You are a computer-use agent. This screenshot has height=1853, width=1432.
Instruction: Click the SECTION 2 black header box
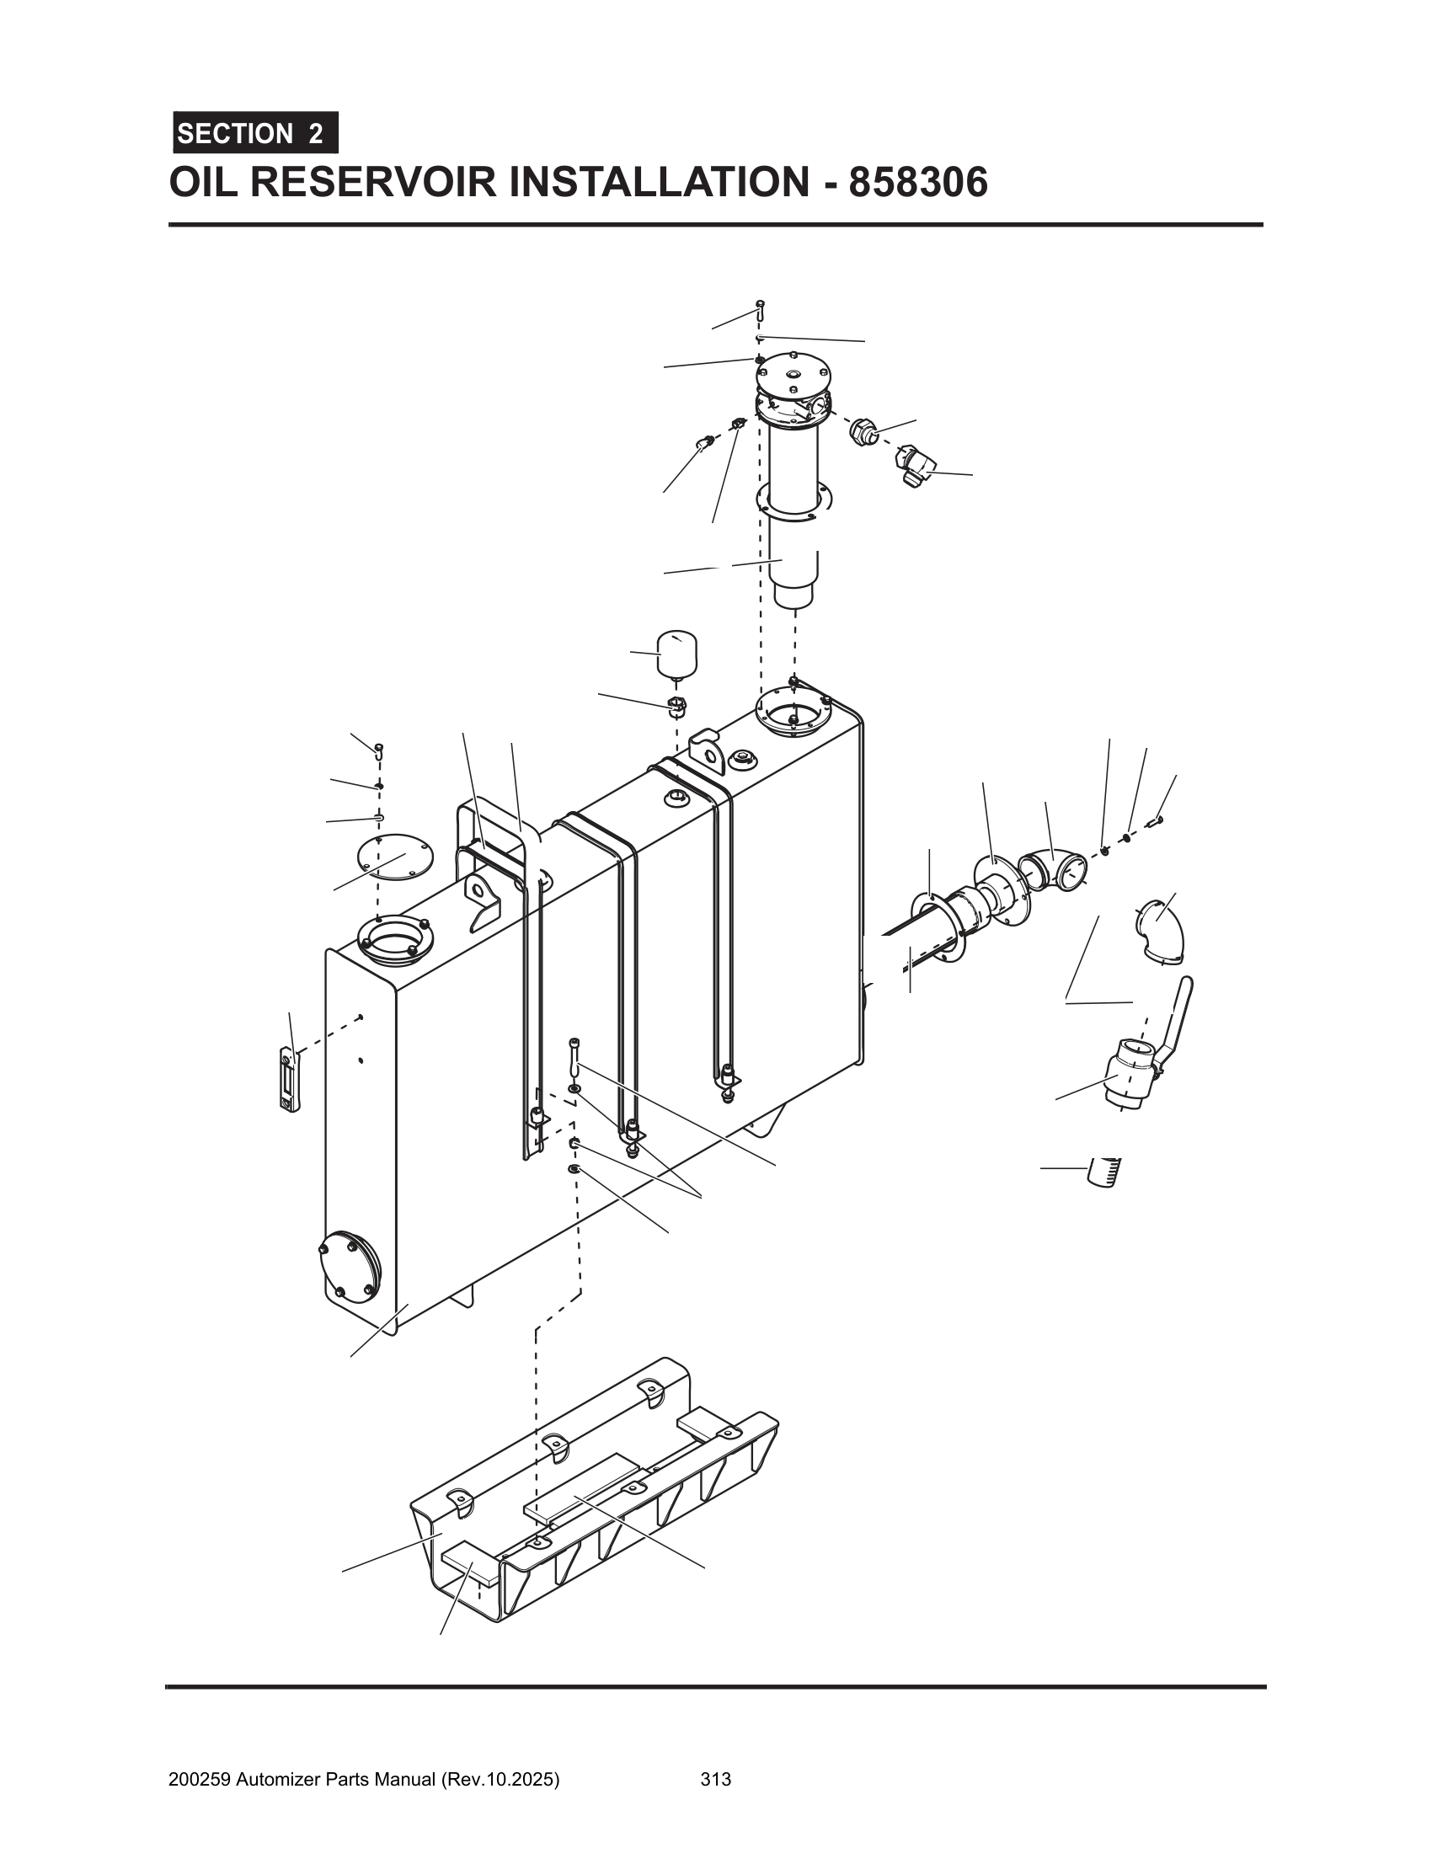pos(255,133)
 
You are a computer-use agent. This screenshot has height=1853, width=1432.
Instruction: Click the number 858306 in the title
pos(918,183)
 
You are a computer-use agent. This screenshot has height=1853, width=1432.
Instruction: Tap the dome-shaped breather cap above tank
pos(676,654)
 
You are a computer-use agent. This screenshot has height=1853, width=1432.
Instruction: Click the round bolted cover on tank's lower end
pos(350,1269)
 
